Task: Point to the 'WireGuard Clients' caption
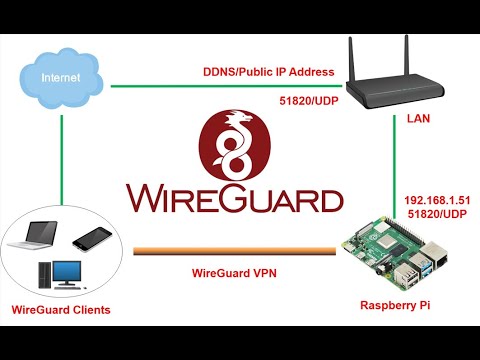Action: tap(62, 310)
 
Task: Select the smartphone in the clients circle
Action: tap(93, 237)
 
